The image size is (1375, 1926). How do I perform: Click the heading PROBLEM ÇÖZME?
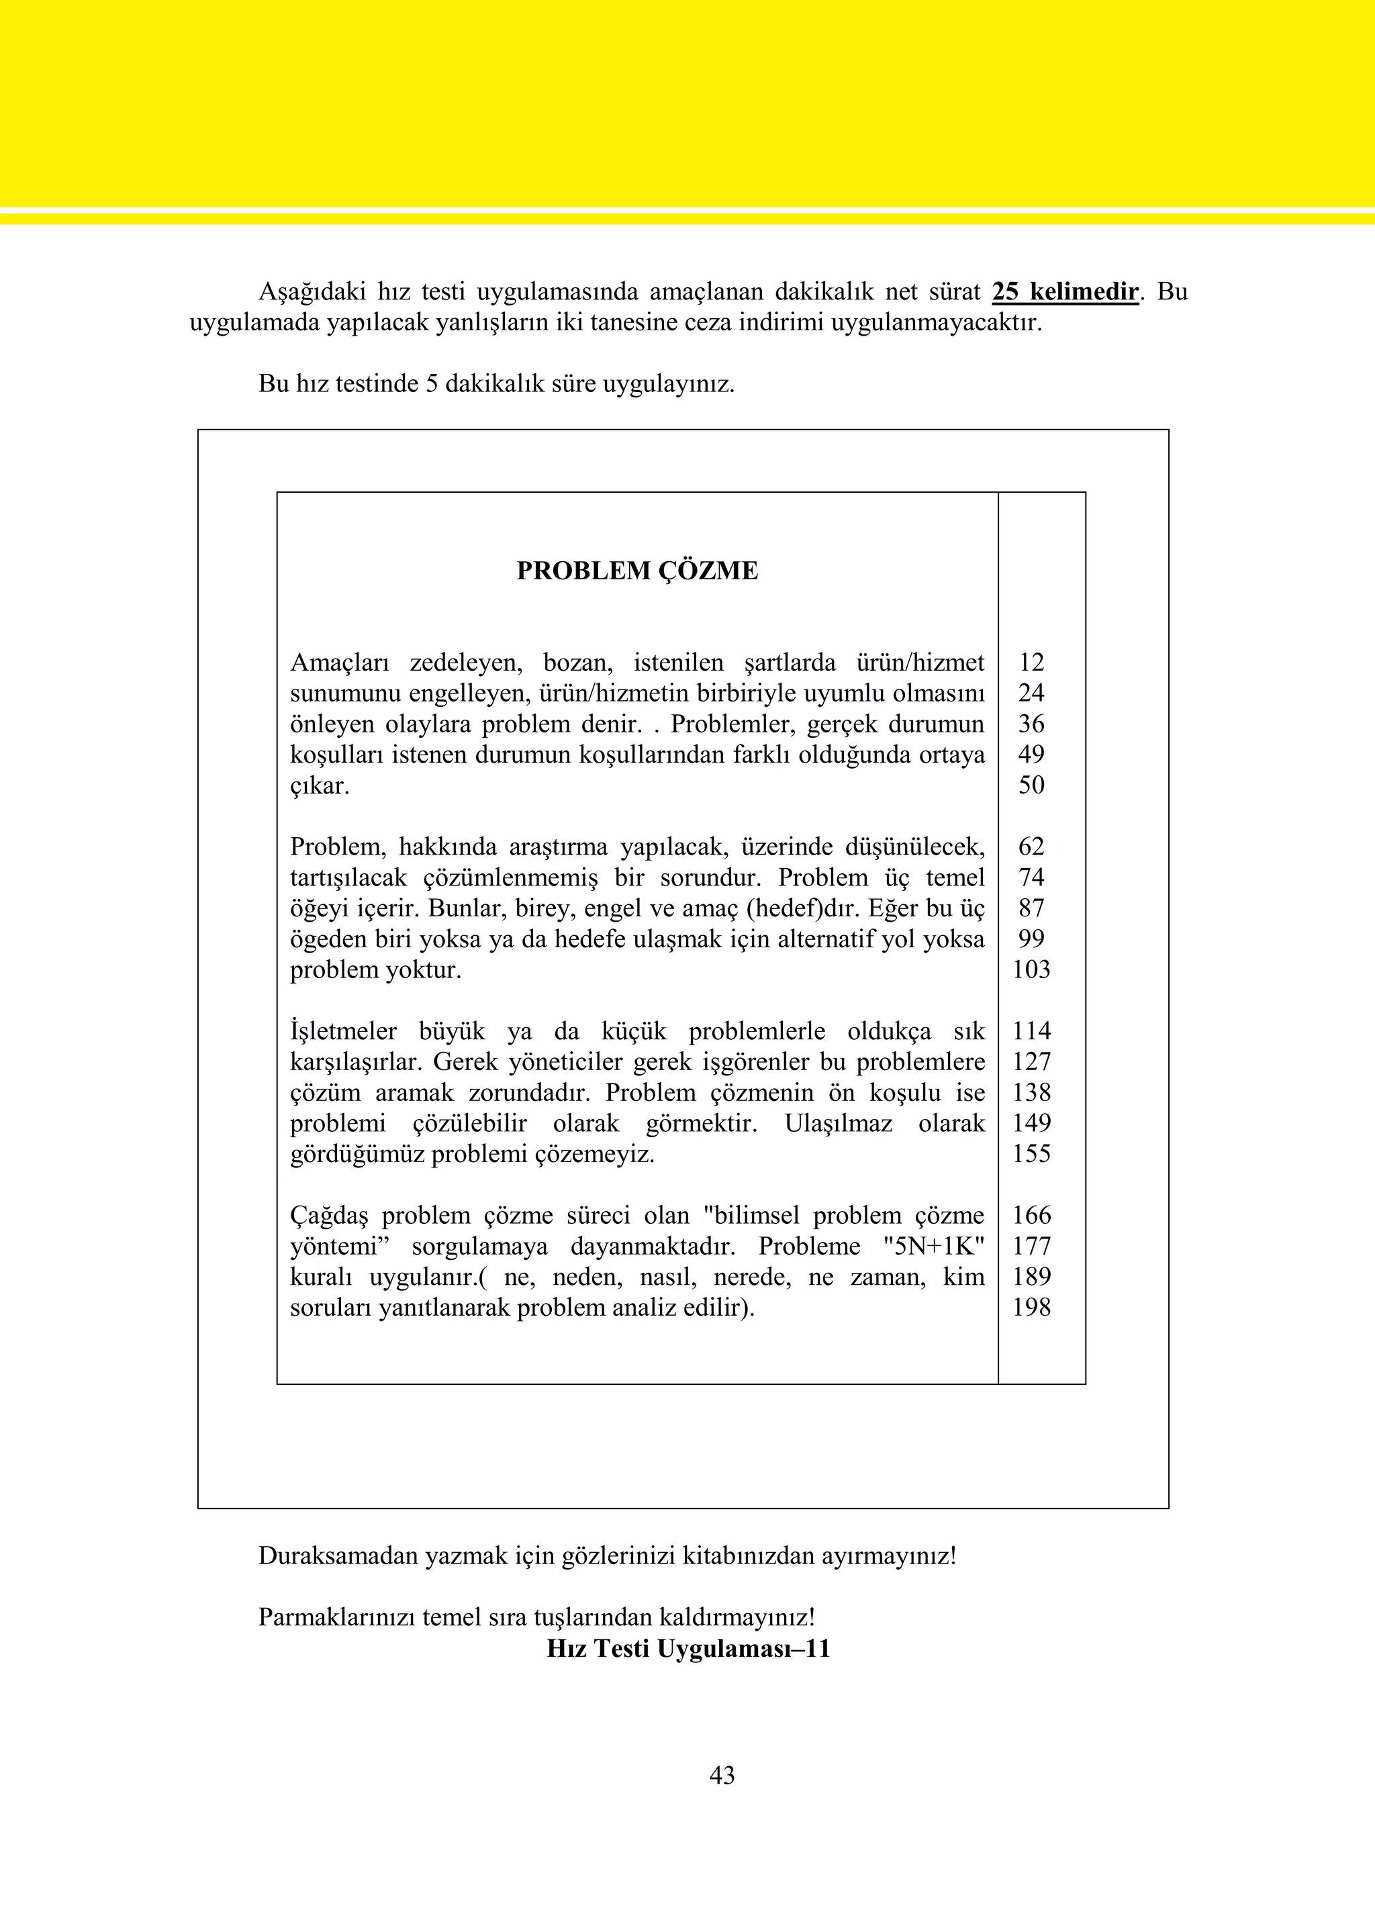tap(636, 571)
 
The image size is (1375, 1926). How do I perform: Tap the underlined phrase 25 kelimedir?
tap(1065, 292)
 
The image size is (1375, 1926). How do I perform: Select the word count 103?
tap(1031, 969)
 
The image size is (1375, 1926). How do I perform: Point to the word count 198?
tap(1031, 1307)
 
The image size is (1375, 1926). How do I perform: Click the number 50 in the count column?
tap(1031, 785)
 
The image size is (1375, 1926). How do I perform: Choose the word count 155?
tap(1031, 1153)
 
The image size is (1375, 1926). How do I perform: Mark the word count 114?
tap(1031, 1031)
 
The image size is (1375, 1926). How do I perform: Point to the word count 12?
tap(1031, 662)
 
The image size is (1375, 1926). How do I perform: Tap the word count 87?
tap(1031, 908)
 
